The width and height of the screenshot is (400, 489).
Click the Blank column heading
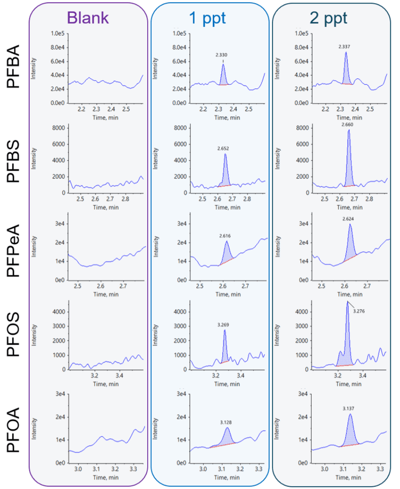click(x=88, y=18)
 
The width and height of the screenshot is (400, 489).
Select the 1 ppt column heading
click(x=207, y=18)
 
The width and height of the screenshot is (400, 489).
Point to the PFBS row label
click(x=14, y=162)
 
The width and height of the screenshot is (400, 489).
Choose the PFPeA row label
click(x=14, y=251)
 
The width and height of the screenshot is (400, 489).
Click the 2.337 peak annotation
click(x=345, y=47)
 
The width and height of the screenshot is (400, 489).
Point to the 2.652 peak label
click(x=225, y=148)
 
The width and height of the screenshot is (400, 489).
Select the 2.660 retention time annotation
click(x=347, y=124)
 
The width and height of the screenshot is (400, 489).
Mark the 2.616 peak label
click(x=226, y=235)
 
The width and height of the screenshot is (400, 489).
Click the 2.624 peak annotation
click(x=349, y=219)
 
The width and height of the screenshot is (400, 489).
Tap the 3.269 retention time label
click(x=224, y=324)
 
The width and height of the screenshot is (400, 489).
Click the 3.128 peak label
click(x=226, y=422)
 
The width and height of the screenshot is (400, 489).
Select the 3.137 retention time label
click(x=350, y=409)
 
